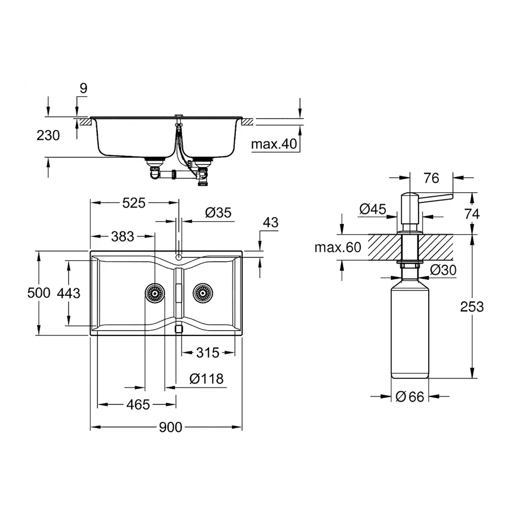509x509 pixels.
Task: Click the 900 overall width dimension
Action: click(170, 427)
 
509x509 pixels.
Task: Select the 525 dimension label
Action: click(134, 202)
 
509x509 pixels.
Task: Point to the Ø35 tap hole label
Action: click(218, 213)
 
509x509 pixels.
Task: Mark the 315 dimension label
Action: click(208, 353)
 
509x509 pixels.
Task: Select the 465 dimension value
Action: click(138, 404)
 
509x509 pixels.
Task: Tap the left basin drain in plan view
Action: click(153, 293)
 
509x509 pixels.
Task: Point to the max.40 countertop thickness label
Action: click(274, 145)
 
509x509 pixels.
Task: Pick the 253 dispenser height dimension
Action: click(472, 306)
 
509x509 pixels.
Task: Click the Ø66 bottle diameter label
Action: click(410, 396)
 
